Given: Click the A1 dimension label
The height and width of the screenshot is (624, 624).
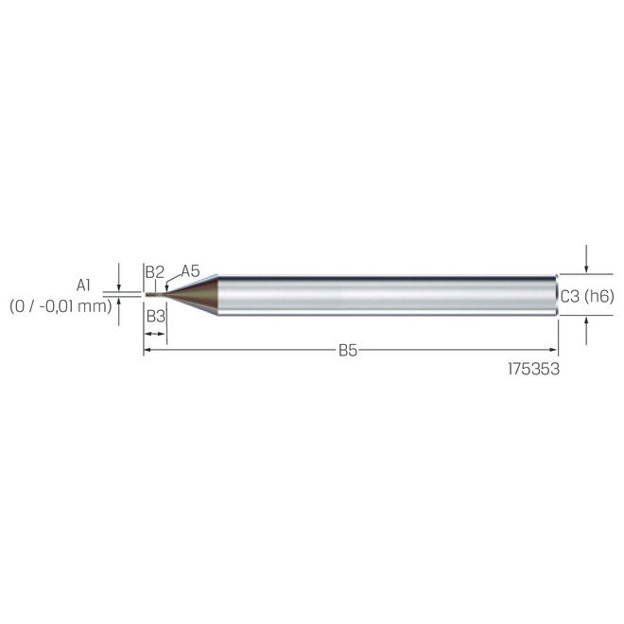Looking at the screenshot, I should point(84,284).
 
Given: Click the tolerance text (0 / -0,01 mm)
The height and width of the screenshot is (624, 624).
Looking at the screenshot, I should point(61,305).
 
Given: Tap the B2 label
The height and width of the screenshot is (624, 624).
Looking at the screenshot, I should point(155,272).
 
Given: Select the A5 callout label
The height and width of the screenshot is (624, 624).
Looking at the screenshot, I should point(190,271).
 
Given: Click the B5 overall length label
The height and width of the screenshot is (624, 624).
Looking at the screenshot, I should point(348,351).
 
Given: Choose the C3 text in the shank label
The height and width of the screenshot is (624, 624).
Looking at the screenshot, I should point(570,296).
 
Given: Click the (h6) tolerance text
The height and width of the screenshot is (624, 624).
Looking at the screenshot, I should point(599,296).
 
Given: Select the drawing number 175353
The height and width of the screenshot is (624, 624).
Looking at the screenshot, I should point(534,370).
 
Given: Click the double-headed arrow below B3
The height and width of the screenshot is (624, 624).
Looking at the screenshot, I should point(155,334).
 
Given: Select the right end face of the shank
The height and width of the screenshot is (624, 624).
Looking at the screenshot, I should point(556,295).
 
